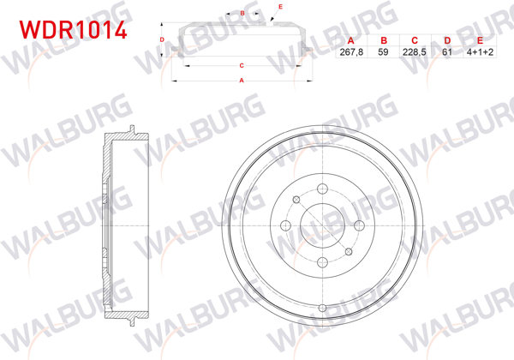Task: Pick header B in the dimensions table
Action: [x=383, y=40]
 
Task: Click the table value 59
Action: [x=383, y=51]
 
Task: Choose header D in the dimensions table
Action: [x=446, y=40]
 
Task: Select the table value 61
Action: [x=446, y=51]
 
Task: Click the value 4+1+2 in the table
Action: [x=479, y=51]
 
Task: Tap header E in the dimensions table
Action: [x=479, y=40]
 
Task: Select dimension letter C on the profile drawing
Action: [x=242, y=65]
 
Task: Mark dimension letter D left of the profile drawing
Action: [x=163, y=39]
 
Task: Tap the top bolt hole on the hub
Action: [x=323, y=189]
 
